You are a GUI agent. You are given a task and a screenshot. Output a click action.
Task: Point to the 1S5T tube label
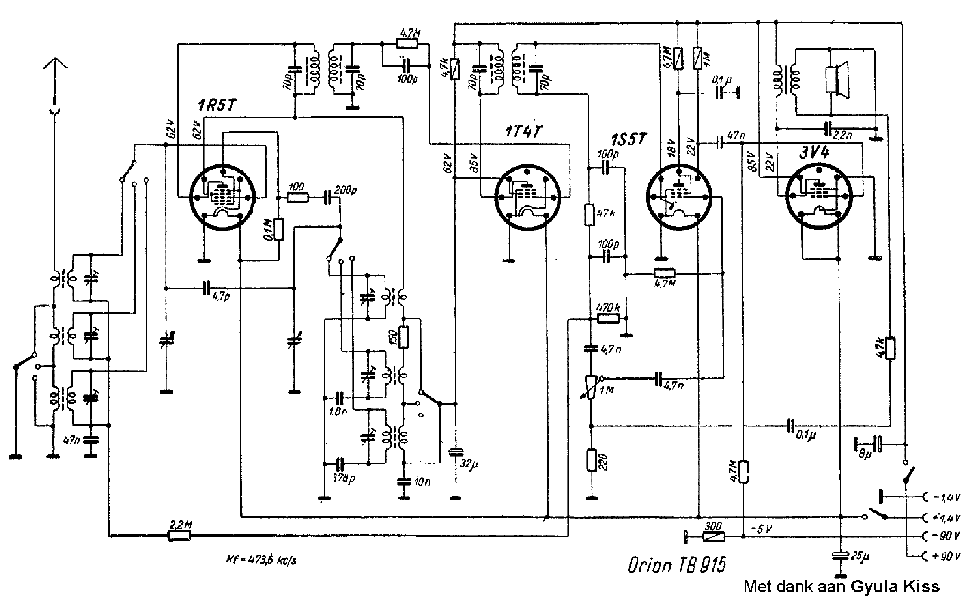point(629,139)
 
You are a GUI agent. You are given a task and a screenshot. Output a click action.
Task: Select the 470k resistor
point(608,318)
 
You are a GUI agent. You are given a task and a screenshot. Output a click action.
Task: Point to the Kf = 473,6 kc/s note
point(261,560)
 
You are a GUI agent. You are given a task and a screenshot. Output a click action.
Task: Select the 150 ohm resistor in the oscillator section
point(404,337)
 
